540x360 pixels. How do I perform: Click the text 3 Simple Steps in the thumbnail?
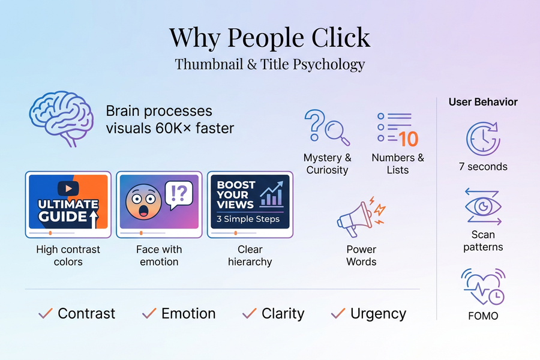248,219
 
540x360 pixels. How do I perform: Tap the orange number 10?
408,139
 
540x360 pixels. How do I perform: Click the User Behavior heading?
483,102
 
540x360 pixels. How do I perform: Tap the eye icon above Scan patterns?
484,207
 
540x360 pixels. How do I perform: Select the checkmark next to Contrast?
45,313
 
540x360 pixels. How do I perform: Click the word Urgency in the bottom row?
378,313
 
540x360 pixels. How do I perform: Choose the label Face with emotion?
159,256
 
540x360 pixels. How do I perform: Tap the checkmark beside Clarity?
249,313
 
